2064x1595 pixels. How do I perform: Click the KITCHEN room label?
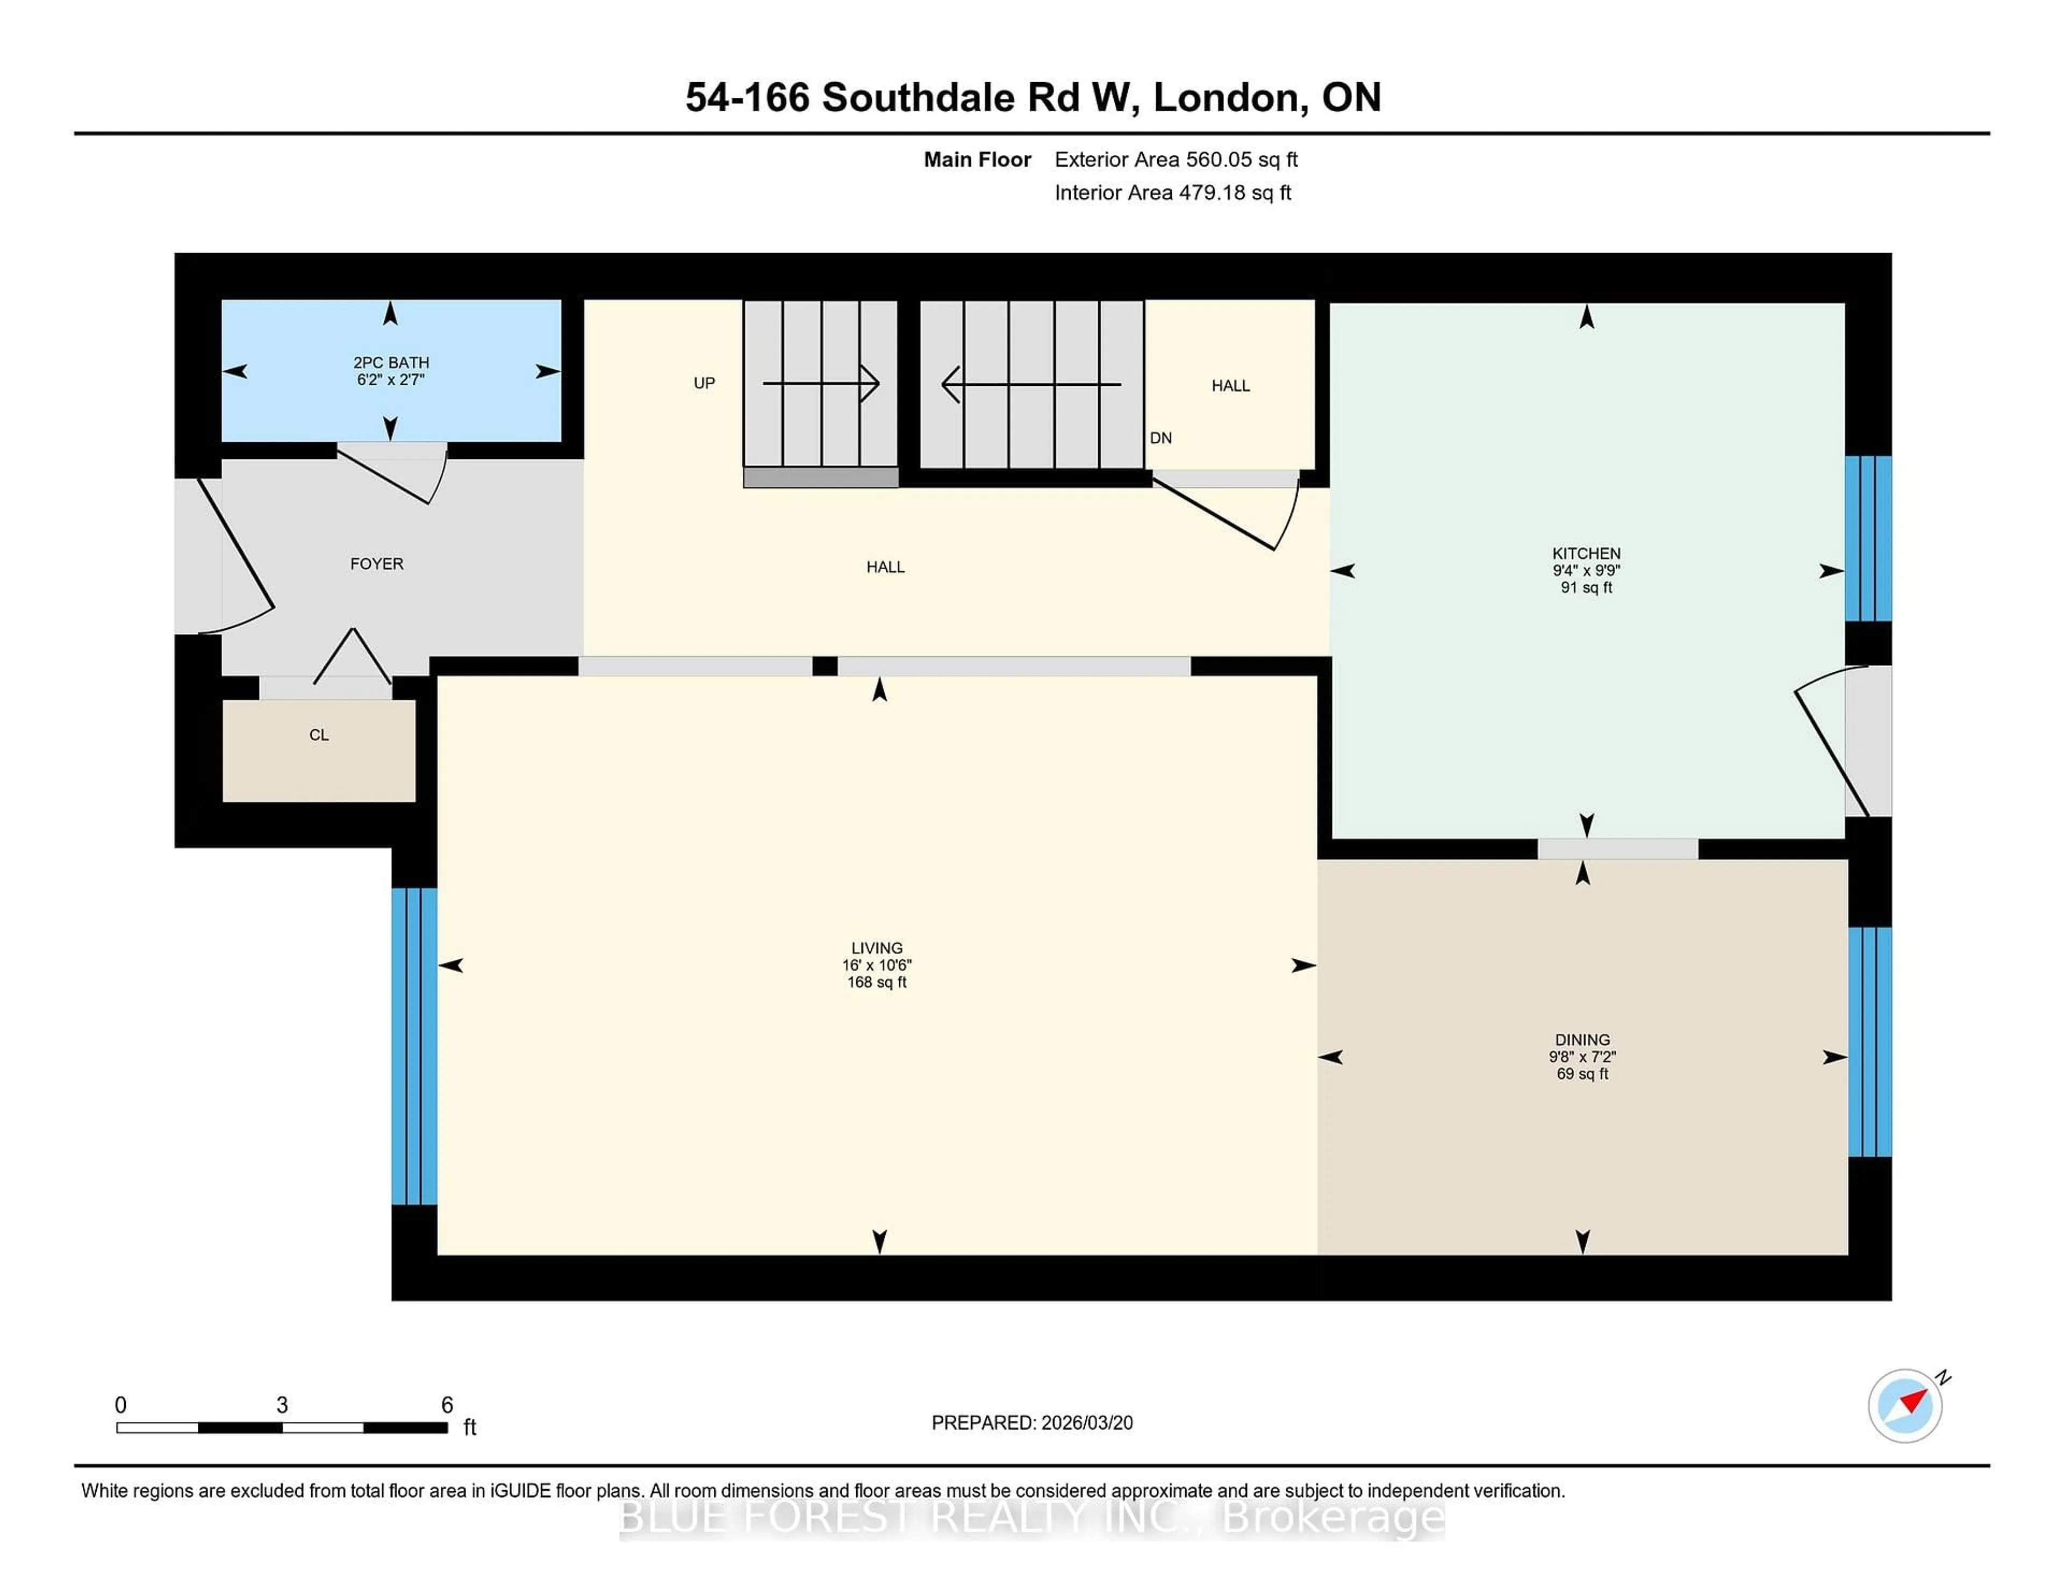[1586, 554]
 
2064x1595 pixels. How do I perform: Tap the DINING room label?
[1582, 1039]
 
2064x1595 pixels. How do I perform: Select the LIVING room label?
[876, 948]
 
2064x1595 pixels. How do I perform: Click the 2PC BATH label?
[390, 363]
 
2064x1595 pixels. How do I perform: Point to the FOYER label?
[376, 564]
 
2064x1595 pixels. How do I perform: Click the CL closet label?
[319, 735]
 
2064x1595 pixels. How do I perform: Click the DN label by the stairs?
[1160, 439]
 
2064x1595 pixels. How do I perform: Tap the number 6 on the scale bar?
[447, 1405]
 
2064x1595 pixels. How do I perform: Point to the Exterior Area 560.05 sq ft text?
[1176, 160]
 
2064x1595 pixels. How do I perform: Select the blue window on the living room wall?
[414, 1046]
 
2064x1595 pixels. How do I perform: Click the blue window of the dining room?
[1869, 1041]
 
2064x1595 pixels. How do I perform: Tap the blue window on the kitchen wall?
[1867, 538]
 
